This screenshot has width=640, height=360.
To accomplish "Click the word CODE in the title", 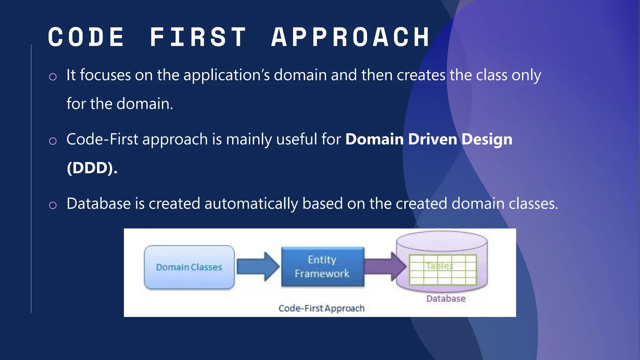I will pos(86,37).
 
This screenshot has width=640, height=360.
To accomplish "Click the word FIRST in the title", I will pos(198,37).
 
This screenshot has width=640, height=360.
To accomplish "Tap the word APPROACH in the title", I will pos(351,37).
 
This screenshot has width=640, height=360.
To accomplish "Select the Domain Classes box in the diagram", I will pos(189,267).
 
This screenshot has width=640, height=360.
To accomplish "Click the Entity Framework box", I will pos(322,267).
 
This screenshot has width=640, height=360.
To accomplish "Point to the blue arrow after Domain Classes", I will pos(257,267).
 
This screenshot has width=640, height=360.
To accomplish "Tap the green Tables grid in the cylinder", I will pos(442,270).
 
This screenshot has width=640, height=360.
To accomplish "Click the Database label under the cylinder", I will pos(446,299).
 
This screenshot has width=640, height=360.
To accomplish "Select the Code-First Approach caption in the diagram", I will pos(322,308).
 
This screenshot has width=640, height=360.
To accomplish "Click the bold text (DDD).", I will pos(92,168).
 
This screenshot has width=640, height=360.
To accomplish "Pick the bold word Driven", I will pos(432,139).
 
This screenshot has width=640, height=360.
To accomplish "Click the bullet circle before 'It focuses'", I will pos(53,77).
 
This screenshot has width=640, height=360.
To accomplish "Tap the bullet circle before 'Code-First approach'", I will pos(53,141).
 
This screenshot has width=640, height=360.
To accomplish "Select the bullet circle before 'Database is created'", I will pos(53,205).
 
